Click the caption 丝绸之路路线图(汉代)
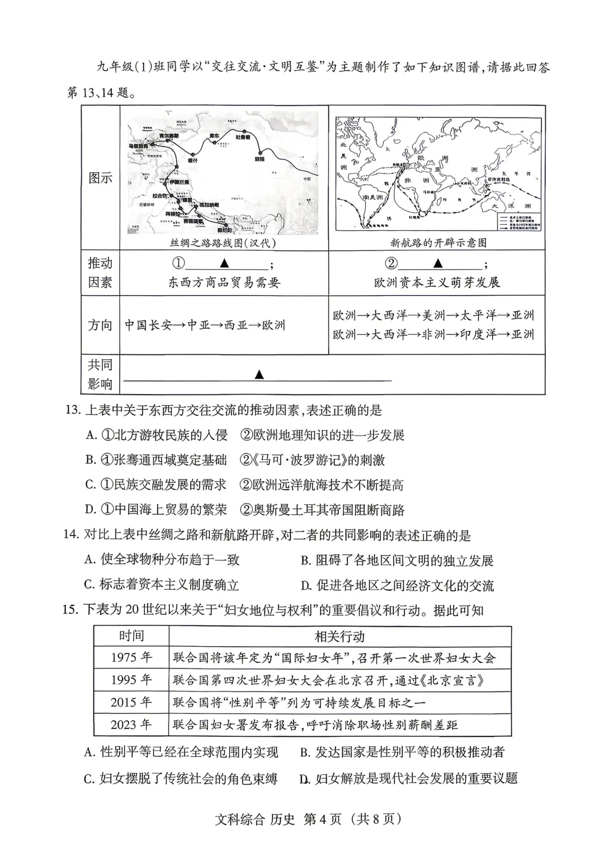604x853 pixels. pos(223,243)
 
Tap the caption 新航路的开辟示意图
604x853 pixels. pos(438,243)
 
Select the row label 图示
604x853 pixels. pos(101,178)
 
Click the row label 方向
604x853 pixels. pos(101,325)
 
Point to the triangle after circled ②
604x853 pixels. pos(438,263)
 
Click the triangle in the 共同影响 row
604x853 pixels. pos(258,375)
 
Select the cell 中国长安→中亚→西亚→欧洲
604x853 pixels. pos(205,325)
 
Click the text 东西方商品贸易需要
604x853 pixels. pos(224,283)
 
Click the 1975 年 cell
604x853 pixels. pos(131,657)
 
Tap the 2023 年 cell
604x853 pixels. pos(131,725)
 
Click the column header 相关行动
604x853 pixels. pos(340,636)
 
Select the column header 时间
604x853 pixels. pos(131,636)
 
